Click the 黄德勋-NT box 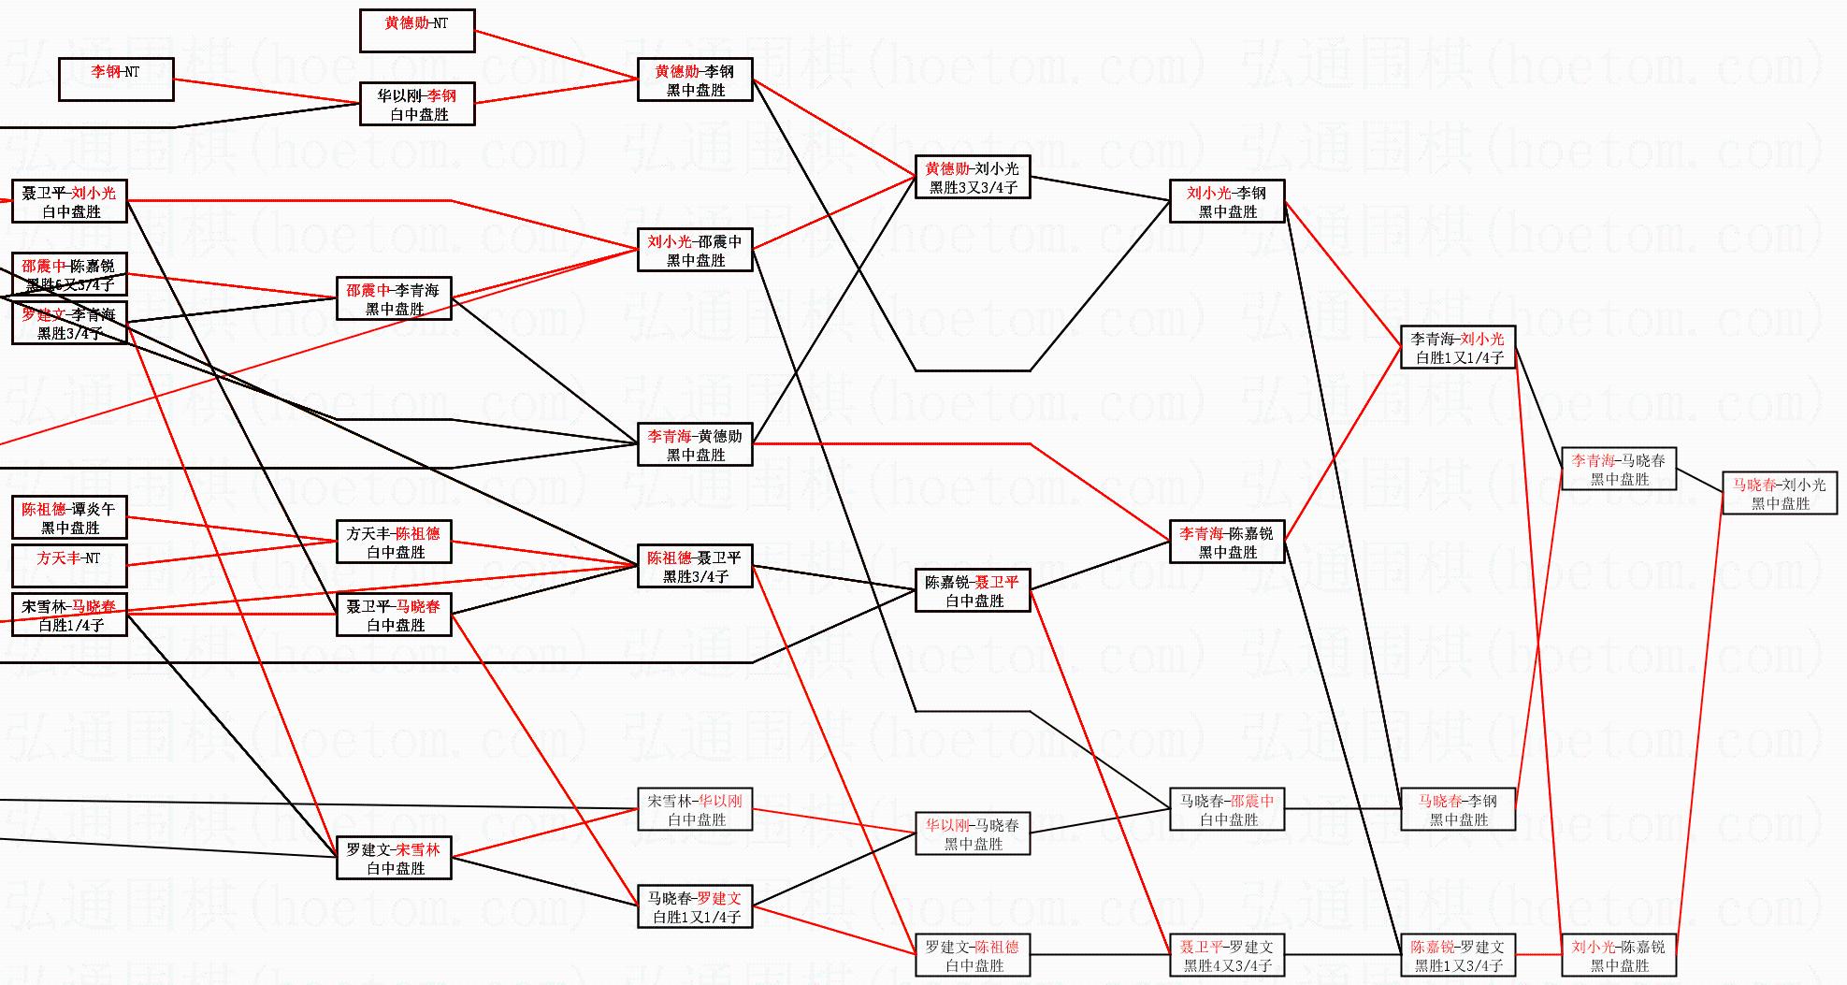417,31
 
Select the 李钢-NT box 116,79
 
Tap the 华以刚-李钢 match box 417,104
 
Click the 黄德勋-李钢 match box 695,80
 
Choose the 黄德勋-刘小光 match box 973,177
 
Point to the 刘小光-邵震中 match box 695,250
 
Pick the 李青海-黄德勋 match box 695,444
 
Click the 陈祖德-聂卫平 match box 695,566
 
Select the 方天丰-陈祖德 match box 394,542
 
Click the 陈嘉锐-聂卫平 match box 973,590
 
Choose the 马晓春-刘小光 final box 1780,493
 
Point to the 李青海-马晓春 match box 1619,469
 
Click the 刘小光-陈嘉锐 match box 1619,955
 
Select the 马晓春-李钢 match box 1457,809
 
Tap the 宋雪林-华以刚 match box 695,809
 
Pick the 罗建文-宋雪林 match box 394,858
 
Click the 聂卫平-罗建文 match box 1227,955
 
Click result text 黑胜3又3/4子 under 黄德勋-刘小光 973,188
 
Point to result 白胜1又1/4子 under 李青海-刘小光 1459,358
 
